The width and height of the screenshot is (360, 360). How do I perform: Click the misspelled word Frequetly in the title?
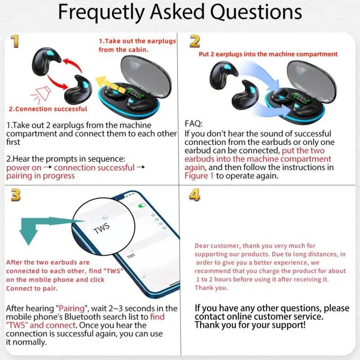point(101,13)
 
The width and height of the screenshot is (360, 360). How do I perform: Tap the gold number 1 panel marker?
point(15,41)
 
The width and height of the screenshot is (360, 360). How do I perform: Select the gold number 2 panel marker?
point(194,41)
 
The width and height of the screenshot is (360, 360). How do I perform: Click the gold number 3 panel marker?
point(16,195)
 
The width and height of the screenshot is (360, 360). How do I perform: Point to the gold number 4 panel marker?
point(194,195)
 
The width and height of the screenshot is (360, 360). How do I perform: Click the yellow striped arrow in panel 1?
point(110,85)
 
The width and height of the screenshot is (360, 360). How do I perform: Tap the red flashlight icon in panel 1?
point(41,94)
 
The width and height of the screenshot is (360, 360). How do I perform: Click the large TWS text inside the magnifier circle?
point(102,228)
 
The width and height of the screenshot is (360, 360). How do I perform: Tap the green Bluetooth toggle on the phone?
point(142,206)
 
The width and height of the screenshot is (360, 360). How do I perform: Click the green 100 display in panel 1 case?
point(135,93)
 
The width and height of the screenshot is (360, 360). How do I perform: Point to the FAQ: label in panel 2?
point(193,124)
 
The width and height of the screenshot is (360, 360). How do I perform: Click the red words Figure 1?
point(199,176)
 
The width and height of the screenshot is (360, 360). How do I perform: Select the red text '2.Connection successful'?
point(48,109)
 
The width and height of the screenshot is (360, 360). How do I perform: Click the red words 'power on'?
point(24,168)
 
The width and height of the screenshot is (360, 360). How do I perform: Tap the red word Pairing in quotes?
point(72,308)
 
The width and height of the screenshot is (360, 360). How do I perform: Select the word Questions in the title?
point(256,13)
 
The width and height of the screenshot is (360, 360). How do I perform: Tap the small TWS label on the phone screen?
point(131,256)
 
